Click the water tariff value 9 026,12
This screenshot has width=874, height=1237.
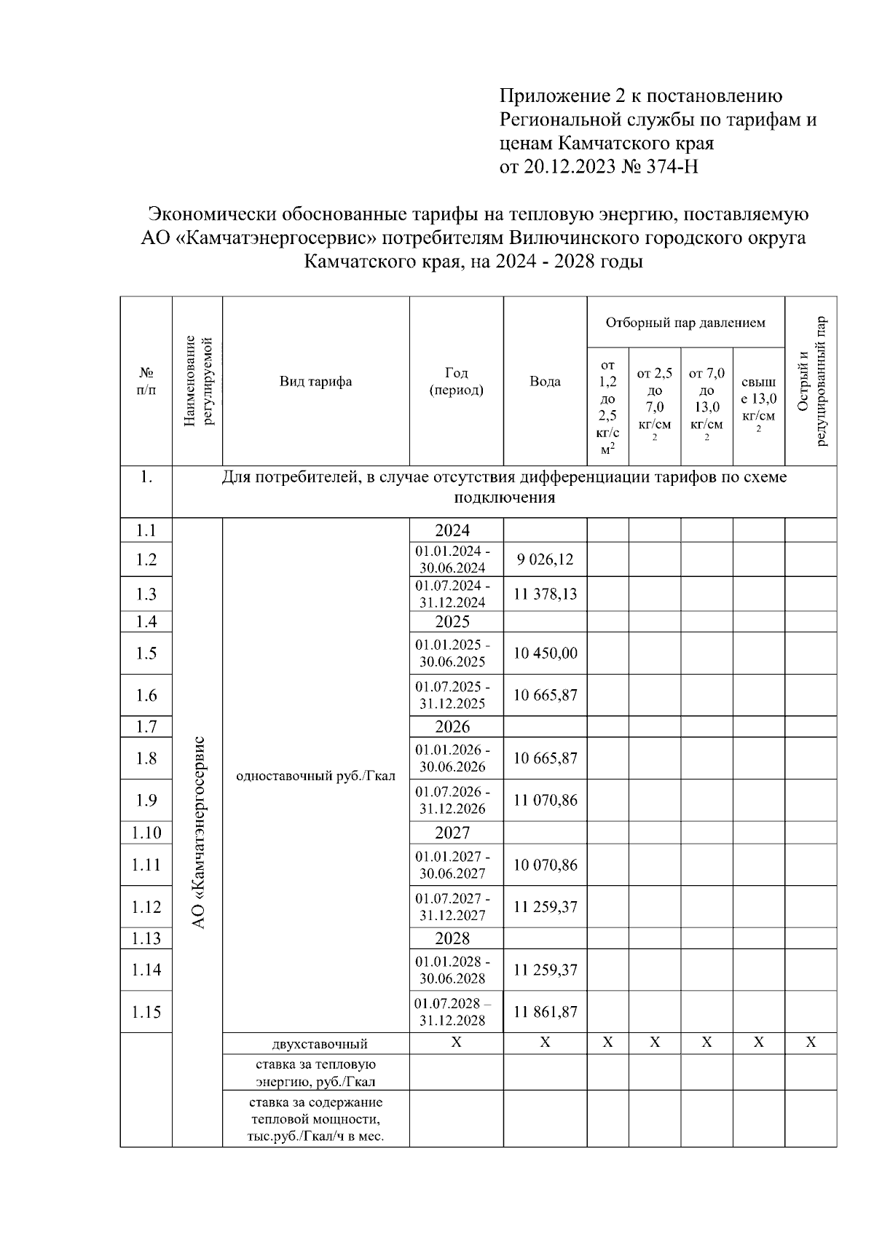click(545, 559)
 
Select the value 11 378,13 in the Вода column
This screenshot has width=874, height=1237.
click(545, 594)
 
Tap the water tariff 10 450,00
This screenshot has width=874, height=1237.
click(545, 653)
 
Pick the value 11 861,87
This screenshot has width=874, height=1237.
click(545, 1011)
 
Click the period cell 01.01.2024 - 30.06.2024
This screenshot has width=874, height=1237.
click(453, 559)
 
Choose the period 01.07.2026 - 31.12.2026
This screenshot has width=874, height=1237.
click(453, 800)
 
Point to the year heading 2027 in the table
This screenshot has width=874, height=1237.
click(452, 833)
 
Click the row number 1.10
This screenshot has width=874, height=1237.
click(146, 833)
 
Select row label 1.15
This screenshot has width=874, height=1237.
click(146, 1011)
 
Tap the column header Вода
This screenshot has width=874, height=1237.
click(545, 381)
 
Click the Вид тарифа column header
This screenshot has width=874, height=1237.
click(315, 381)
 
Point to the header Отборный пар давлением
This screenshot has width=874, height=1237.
click(685, 322)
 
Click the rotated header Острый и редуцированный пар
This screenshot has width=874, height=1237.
click(811, 381)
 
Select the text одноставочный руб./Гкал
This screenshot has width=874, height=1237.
click(315, 775)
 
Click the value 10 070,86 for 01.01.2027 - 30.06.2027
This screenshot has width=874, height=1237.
click(545, 865)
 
